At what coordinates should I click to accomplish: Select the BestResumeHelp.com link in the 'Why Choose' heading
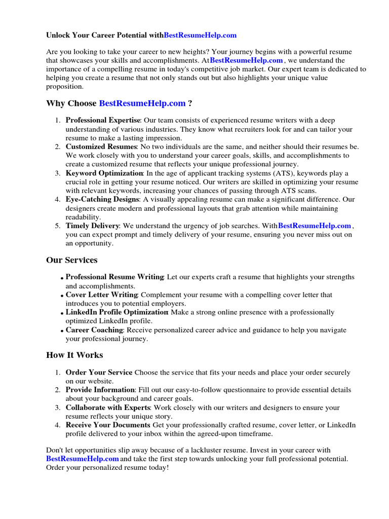[x=142, y=103]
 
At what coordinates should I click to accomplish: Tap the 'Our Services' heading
[x=71, y=260]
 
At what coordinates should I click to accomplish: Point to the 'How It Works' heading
[x=74, y=355]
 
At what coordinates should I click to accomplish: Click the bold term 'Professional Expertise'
[x=103, y=120]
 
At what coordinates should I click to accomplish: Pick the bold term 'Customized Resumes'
[x=100, y=146]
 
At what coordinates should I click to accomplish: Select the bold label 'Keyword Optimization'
[x=104, y=173]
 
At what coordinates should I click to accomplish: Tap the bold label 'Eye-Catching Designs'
[x=101, y=200]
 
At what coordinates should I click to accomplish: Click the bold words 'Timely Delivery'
[x=92, y=226]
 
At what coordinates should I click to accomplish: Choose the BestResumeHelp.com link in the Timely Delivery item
[x=315, y=226]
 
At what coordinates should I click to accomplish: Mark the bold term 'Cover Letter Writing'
[x=101, y=294]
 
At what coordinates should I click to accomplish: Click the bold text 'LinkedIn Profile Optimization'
[x=117, y=312]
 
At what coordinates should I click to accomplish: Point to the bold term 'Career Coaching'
[x=94, y=330]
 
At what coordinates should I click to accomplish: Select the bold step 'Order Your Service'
[x=99, y=373]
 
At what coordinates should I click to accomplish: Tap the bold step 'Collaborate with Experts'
[x=108, y=407]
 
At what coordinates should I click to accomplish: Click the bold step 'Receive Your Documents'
[x=108, y=425]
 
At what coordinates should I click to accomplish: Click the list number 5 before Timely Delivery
[x=57, y=226]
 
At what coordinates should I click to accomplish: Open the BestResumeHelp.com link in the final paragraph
[x=83, y=459]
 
